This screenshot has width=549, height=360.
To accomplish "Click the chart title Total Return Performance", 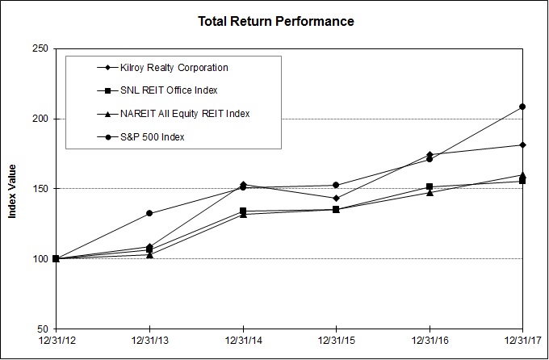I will [x=275, y=20].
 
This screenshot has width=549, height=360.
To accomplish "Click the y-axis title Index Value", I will [x=12, y=189].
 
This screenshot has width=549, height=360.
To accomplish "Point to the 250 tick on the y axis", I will [x=40, y=49].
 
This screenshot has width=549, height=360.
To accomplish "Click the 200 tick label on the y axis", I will [x=40, y=119].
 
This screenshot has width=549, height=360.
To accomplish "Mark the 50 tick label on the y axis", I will [x=42, y=329].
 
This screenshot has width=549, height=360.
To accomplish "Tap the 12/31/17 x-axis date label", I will [x=522, y=342].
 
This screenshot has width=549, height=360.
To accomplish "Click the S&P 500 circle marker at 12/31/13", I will [x=149, y=213].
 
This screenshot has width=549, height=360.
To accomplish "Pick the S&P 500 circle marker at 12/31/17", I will [x=522, y=107].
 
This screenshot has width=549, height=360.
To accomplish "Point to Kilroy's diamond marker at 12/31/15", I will [x=336, y=198].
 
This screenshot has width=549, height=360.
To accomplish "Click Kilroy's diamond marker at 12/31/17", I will [x=522, y=145].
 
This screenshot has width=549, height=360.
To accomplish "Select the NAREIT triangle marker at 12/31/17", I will [x=522, y=174].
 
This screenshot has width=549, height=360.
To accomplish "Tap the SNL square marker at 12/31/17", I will [x=522, y=181].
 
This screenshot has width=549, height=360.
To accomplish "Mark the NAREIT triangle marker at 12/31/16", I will [x=430, y=192].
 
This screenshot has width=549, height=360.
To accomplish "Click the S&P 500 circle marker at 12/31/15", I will [x=336, y=185].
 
